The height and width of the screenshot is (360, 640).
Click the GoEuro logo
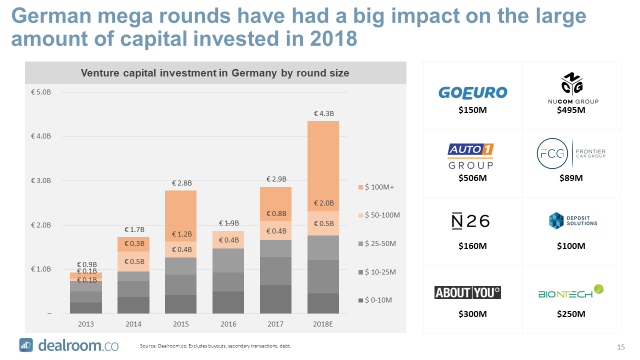472,92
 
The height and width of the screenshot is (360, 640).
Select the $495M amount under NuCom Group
571,110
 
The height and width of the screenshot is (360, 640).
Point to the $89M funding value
570,178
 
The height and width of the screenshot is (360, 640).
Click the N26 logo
470,221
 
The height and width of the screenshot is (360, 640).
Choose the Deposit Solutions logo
572,220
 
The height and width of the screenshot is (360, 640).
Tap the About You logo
467,292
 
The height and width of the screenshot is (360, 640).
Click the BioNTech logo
571,292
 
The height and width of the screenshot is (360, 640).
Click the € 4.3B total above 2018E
323,113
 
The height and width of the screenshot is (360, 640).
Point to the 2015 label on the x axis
181,324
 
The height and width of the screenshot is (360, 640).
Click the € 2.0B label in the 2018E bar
323,203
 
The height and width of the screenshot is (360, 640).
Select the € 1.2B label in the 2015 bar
181,234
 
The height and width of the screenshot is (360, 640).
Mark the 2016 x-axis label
228,324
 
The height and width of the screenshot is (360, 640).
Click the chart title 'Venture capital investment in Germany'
215,73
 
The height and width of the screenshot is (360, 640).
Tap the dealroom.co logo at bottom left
69,345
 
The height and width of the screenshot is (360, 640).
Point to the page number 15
621,347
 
